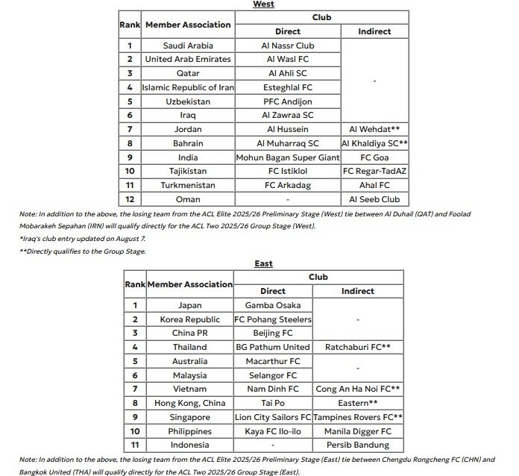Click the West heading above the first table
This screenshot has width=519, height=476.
263,4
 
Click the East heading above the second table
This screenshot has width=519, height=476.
263,263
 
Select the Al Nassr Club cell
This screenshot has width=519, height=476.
288,46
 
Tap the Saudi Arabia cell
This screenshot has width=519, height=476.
188,46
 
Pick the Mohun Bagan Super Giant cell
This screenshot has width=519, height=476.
288,157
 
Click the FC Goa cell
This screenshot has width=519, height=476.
374,157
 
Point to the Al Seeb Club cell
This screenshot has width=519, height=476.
374,199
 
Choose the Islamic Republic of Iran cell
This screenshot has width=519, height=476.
188,87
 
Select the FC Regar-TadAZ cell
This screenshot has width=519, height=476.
374,172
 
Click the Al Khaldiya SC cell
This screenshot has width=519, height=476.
374,143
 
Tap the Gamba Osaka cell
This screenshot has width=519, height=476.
273,305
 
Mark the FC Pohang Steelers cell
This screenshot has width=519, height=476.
273,319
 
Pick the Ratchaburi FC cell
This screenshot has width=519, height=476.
358,347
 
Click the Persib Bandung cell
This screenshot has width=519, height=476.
358,445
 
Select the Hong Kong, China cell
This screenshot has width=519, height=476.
190,403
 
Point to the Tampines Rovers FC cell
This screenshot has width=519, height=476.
358,417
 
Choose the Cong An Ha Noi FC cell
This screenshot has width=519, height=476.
358,389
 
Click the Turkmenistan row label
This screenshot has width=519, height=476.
188,185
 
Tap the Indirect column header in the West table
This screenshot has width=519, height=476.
374,31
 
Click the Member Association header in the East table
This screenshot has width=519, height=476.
190,284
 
